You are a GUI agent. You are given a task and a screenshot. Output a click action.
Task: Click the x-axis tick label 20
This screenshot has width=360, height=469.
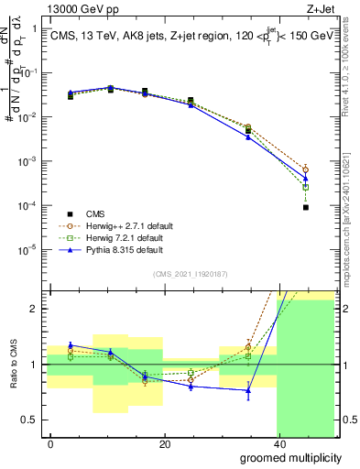tap(164, 444)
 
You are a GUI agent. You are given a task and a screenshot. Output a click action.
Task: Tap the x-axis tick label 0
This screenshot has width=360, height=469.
tap(50, 444)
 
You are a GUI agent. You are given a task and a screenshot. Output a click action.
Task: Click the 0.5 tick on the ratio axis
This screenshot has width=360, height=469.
tap(32, 420)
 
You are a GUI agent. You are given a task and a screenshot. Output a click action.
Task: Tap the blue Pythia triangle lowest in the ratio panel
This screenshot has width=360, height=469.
tap(248, 390)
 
